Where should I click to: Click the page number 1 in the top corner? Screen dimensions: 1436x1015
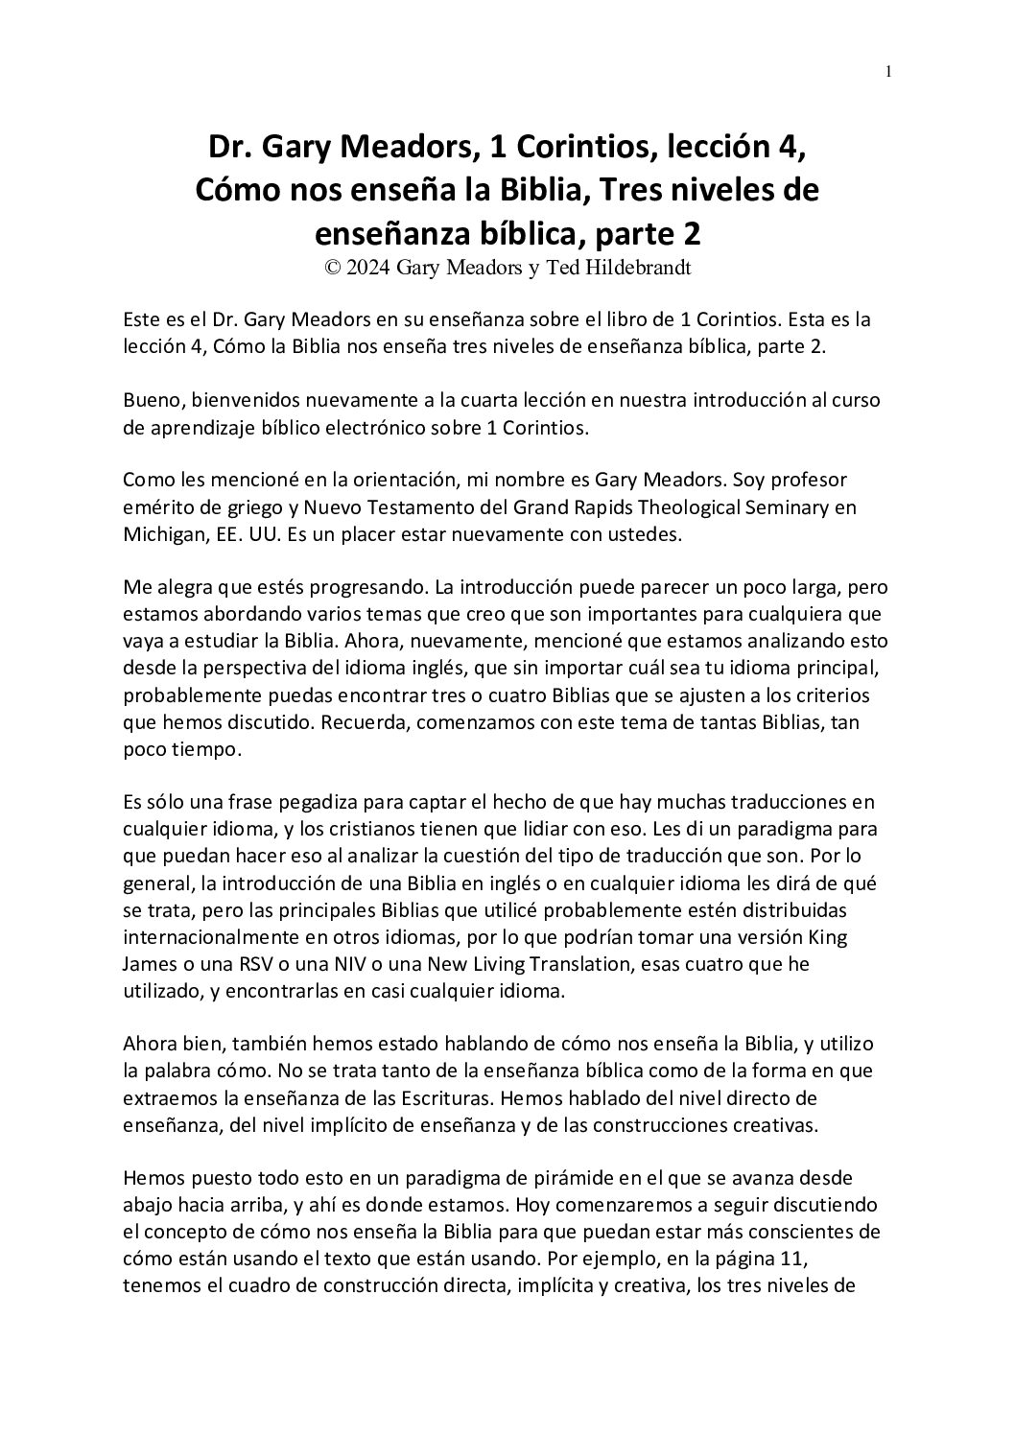(889, 71)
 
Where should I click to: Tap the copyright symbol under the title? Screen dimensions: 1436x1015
(333, 269)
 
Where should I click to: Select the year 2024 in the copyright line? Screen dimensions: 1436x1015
(368, 269)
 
